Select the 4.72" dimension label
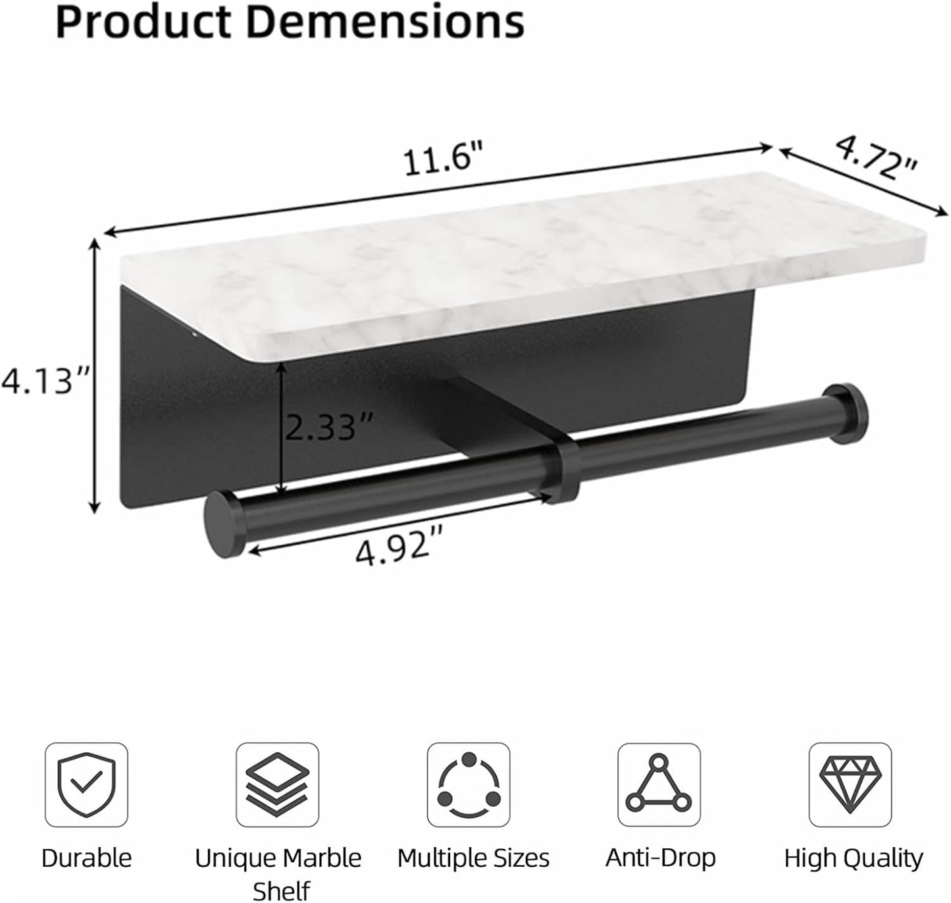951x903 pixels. (877, 159)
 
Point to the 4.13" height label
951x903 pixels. (44, 381)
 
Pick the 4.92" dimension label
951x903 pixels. (398, 545)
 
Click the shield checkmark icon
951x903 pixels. (86, 784)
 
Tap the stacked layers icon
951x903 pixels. (277, 784)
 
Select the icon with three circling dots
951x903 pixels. (468, 784)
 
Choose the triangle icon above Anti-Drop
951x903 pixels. (659, 784)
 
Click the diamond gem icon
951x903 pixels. (850, 784)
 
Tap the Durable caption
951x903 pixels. (86, 858)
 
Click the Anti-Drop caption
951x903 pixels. (660, 858)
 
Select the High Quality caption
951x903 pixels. (853, 858)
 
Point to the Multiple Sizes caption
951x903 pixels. (473, 858)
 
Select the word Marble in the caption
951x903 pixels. (322, 858)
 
